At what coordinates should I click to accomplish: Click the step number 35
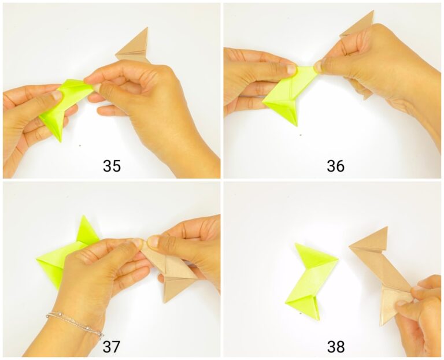tap(112, 166)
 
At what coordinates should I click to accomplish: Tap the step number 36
tap(335, 166)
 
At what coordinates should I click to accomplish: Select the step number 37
tap(112, 346)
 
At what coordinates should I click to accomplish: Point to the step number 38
tap(335, 346)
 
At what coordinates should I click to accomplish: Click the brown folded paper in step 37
tap(173, 272)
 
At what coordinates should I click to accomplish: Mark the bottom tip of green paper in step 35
tap(59, 140)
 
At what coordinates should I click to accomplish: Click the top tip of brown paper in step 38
tap(386, 228)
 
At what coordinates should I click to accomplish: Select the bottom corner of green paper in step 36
tap(295, 125)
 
